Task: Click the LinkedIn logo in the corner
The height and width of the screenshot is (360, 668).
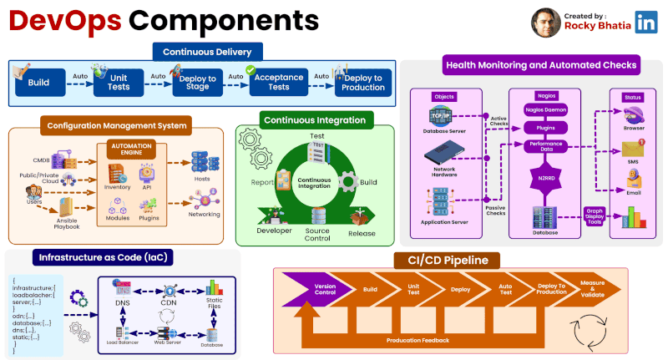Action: coord(645,21)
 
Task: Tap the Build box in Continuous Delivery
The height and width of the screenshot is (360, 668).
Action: coord(38,84)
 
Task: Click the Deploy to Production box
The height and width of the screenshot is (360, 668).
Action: coord(363,83)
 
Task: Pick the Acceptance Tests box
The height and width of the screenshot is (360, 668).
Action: coord(278,83)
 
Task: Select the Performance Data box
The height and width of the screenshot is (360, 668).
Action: coord(545,145)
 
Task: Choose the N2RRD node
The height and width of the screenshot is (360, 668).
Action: coord(545,178)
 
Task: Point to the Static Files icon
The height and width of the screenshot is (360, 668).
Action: coord(215,293)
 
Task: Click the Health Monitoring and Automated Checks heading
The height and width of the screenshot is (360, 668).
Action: coord(541,64)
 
